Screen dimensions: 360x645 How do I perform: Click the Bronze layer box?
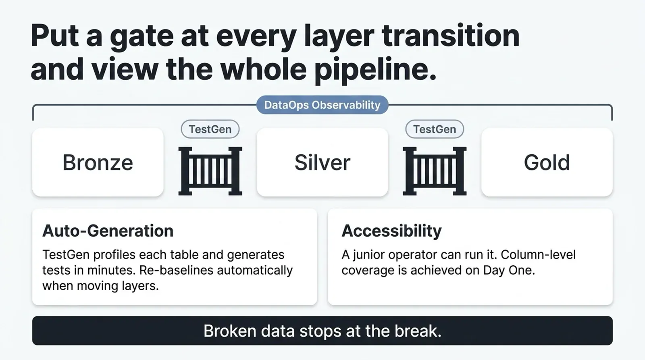[x=98, y=162]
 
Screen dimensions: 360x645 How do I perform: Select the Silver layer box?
[x=322, y=162]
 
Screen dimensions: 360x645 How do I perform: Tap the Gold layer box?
[x=547, y=162]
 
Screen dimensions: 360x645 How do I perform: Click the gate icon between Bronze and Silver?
[x=210, y=171]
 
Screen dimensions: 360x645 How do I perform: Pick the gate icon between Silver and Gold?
[x=435, y=171]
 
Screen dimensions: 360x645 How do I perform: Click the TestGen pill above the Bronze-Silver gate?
[x=210, y=129]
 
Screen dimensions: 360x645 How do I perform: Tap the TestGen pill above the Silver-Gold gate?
[x=435, y=129]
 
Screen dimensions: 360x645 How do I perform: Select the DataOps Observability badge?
[x=322, y=105]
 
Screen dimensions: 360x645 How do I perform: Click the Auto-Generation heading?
[x=108, y=231]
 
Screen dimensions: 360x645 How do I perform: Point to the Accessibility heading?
[x=391, y=231]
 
